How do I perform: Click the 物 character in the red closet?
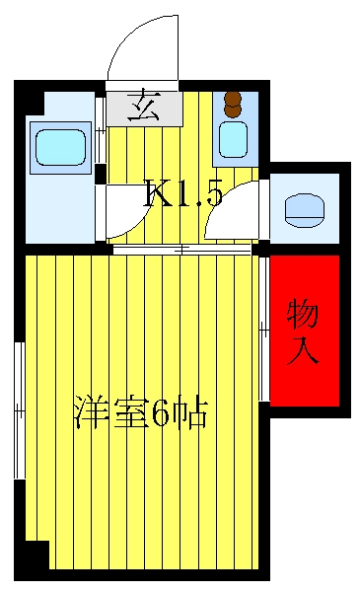click(x=302, y=314)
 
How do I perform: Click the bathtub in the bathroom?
click(x=60, y=147)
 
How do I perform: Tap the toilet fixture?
click(x=305, y=210)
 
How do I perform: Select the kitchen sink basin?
click(x=233, y=139)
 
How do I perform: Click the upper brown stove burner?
click(x=233, y=99)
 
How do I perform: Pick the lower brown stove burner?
click(x=233, y=111)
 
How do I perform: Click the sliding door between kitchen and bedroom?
click(x=182, y=250)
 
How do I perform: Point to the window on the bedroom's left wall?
click(x=20, y=410)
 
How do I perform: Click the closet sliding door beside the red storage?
click(x=264, y=329)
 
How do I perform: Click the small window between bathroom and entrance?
click(x=100, y=130)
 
